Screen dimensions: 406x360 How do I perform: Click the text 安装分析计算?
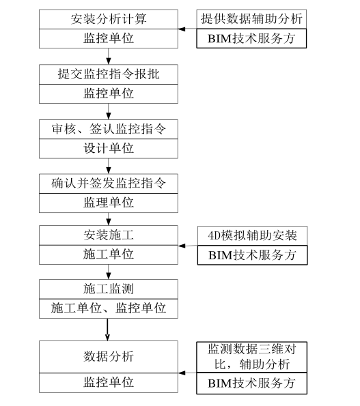(x=109, y=19)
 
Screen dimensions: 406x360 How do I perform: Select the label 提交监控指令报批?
(x=109, y=74)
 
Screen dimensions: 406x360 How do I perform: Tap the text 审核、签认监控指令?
(x=109, y=128)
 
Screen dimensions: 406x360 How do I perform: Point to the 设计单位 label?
(x=109, y=147)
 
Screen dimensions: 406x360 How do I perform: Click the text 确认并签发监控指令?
(x=109, y=183)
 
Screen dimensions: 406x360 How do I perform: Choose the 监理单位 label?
(x=109, y=202)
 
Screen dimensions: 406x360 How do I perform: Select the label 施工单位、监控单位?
(x=109, y=308)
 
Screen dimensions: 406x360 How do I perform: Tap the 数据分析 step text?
(x=109, y=356)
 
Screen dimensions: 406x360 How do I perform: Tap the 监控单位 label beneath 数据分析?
(x=109, y=382)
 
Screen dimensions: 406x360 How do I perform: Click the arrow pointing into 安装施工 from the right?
(x=188, y=246)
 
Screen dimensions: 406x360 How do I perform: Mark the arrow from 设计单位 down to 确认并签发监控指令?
(x=109, y=166)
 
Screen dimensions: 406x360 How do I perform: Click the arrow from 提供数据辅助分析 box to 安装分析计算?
(x=188, y=29)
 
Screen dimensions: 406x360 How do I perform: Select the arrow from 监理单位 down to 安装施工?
(x=109, y=219)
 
